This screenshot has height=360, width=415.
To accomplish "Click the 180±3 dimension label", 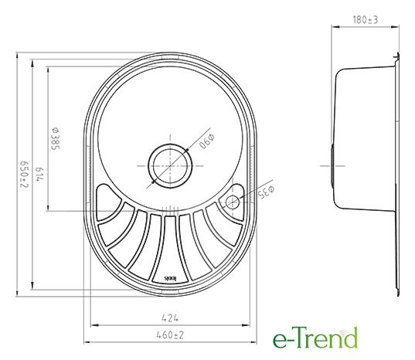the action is click(366, 20).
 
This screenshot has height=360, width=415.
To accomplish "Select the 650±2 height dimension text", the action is click(24, 175).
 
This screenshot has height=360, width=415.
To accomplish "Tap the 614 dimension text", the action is click(39, 175).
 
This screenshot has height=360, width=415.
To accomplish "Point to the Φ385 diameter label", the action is click(56, 138).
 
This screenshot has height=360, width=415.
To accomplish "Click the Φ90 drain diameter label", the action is click(206, 141).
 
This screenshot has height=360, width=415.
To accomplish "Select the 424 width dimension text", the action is click(170, 318).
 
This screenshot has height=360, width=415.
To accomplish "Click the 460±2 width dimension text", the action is click(170, 335).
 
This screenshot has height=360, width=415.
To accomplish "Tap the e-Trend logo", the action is click(315, 338).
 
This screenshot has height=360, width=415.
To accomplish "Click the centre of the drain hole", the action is click(170, 166).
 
